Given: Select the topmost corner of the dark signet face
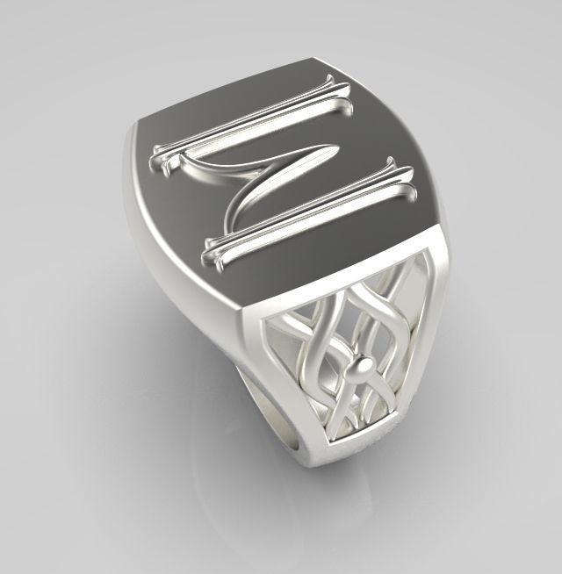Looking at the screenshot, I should [312, 59].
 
